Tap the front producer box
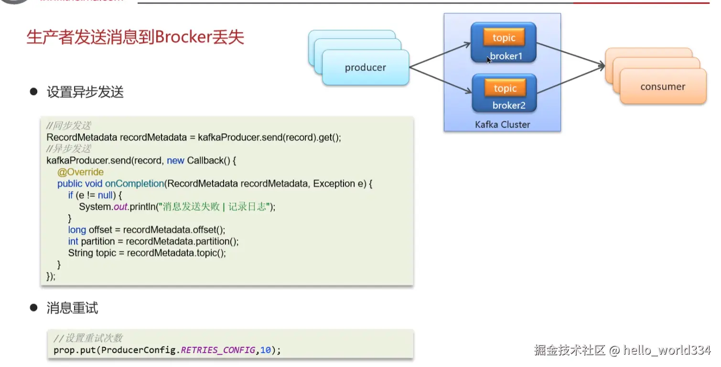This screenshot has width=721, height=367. (x=366, y=68)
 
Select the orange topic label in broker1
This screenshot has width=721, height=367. (x=504, y=38)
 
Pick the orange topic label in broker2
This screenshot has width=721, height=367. (x=505, y=88)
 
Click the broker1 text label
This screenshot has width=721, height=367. (x=506, y=56)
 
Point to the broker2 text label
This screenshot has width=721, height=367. (x=509, y=106)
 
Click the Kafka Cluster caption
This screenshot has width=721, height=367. (x=502, y=125)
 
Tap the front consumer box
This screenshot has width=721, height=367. (x=663, y=87)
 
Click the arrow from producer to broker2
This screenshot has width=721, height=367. (x=440, y=80)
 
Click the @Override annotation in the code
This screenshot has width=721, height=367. (x=80, y=172)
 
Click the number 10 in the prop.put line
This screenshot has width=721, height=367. (x=265, y=350)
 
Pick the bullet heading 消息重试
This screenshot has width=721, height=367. (x=72, y=308)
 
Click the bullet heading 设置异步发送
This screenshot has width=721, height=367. (x=85, y=92)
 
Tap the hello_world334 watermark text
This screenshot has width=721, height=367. (x=667, y=350)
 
